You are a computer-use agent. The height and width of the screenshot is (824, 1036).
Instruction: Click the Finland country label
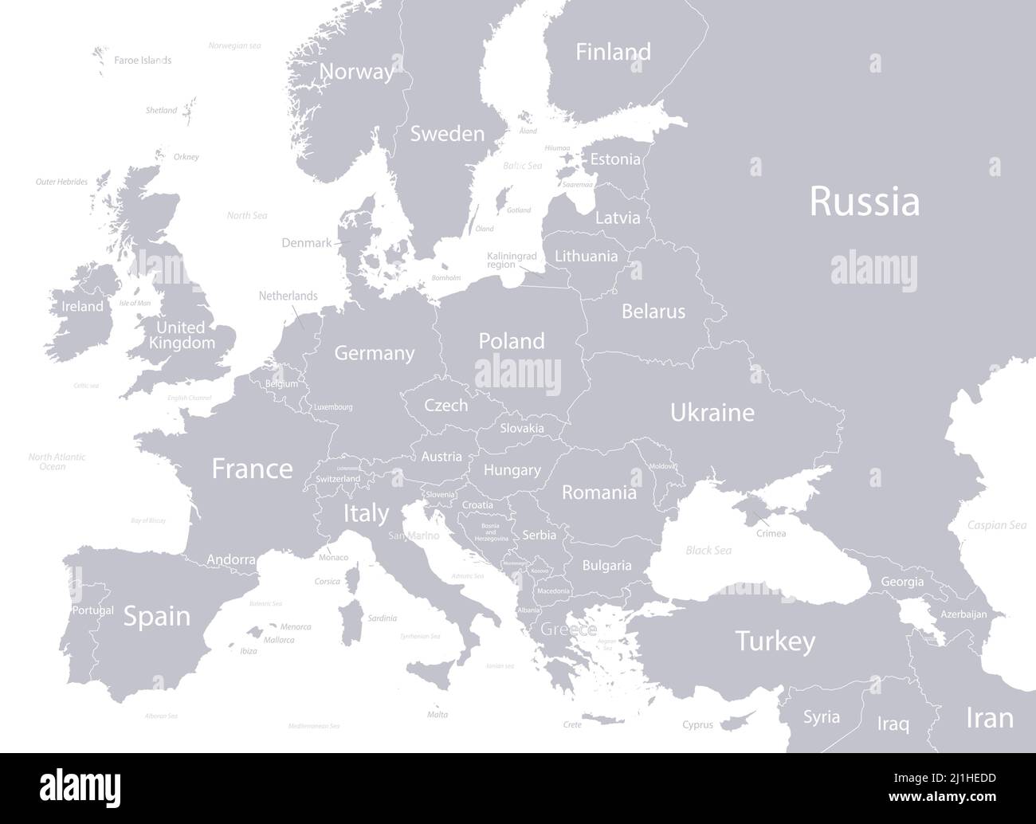coord(613,52)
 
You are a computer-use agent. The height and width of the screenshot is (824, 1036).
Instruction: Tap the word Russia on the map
coord(865,202)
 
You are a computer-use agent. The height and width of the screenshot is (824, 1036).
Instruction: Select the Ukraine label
coord(712,413)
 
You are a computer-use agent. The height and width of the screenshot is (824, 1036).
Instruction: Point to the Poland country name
coord(512,341)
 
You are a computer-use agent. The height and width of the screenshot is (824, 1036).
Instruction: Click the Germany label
coord(375,353)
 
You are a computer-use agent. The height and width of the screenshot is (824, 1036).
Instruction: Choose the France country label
coord(252,469)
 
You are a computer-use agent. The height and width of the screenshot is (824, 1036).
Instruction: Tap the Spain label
coord(157,616)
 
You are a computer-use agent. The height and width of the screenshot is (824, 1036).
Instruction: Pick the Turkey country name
coord(775,641)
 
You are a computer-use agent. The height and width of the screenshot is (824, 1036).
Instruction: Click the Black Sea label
coord(708,551)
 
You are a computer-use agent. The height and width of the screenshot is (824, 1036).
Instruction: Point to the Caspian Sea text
coord(996,525)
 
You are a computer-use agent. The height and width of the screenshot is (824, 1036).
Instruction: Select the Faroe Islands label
coord(143,60)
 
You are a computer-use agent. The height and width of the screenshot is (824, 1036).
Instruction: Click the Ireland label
coord(83,306)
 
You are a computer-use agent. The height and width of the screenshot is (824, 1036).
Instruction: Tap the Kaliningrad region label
coord(512,260)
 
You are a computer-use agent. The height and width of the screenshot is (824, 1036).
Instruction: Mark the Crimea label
coord(771,533)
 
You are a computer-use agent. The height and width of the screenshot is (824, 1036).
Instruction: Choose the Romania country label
coord(599,492)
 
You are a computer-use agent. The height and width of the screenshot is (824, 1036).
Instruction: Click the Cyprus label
coord(697,725)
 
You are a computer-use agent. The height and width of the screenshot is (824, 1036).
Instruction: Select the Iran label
coord(990,717)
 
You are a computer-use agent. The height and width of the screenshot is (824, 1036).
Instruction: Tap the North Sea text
coord(247,215)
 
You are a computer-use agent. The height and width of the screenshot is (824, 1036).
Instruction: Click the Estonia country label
coord(614,159)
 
